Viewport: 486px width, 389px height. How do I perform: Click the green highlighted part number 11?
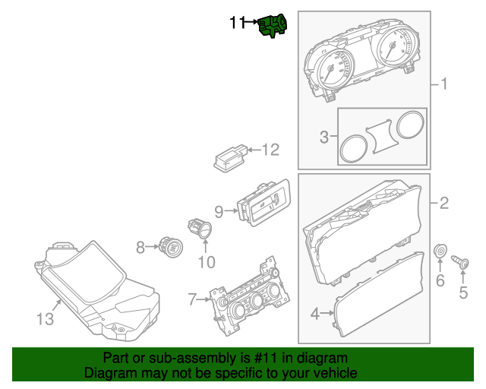click(273, 25)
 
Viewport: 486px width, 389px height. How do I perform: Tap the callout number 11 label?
click(238, 24)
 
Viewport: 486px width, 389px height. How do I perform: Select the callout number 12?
click(271, 150)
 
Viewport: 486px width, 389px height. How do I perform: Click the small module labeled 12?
click(231, 159)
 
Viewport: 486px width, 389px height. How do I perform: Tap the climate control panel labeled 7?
click(248, 298)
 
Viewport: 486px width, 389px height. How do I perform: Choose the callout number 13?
click(46, 319)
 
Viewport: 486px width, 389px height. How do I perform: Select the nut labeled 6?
click(440, 251)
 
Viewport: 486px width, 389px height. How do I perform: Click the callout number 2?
click(444, 203)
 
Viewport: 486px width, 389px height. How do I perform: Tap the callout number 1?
click(444, 84)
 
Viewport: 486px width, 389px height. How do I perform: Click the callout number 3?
click(324, 138)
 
